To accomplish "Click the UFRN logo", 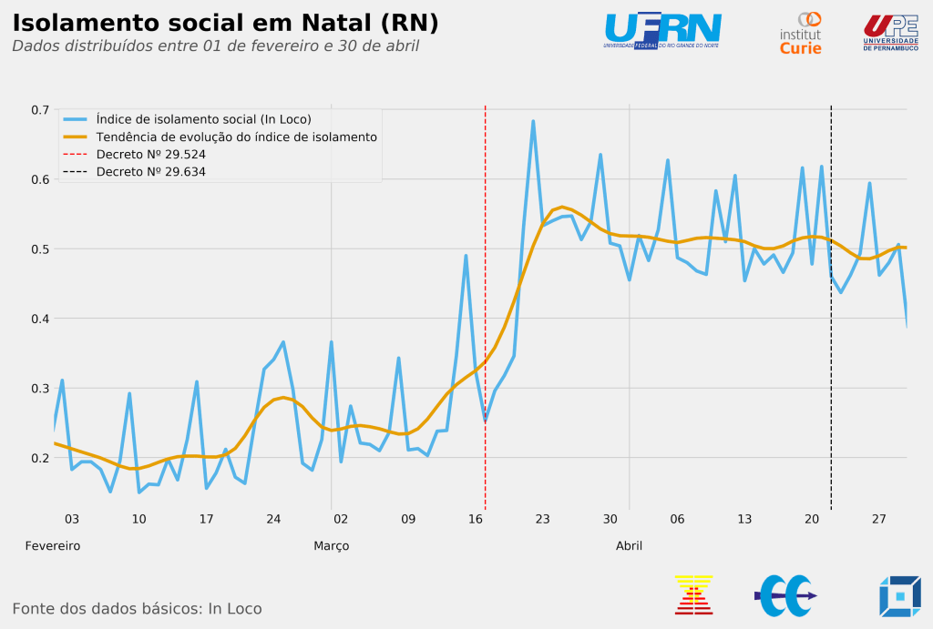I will click(662, 31).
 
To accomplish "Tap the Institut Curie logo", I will click(800, 34).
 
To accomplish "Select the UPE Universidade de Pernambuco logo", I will click(890, 33).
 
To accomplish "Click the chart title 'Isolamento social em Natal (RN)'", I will click(225, 23).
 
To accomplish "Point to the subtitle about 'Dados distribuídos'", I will click(215, 46).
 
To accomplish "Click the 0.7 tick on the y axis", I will click(40, 110).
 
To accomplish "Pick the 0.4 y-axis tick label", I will click(40, 319).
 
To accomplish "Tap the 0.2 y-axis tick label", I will click(40, 458).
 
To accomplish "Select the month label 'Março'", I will click(332, 546).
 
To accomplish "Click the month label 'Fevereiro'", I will click(53, 546).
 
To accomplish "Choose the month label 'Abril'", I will click(629, 546).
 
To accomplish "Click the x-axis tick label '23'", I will click(542, 520).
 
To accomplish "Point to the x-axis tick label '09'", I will click(408, 520).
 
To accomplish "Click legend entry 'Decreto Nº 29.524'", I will click(150, 154).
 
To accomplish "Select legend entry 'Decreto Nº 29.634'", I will click(150, 171).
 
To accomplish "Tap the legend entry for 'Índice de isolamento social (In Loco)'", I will click(203, 119).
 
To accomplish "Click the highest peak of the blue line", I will click(533, 121).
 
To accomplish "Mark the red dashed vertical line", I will click(485, 364).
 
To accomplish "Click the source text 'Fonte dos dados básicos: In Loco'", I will click(137, 609).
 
